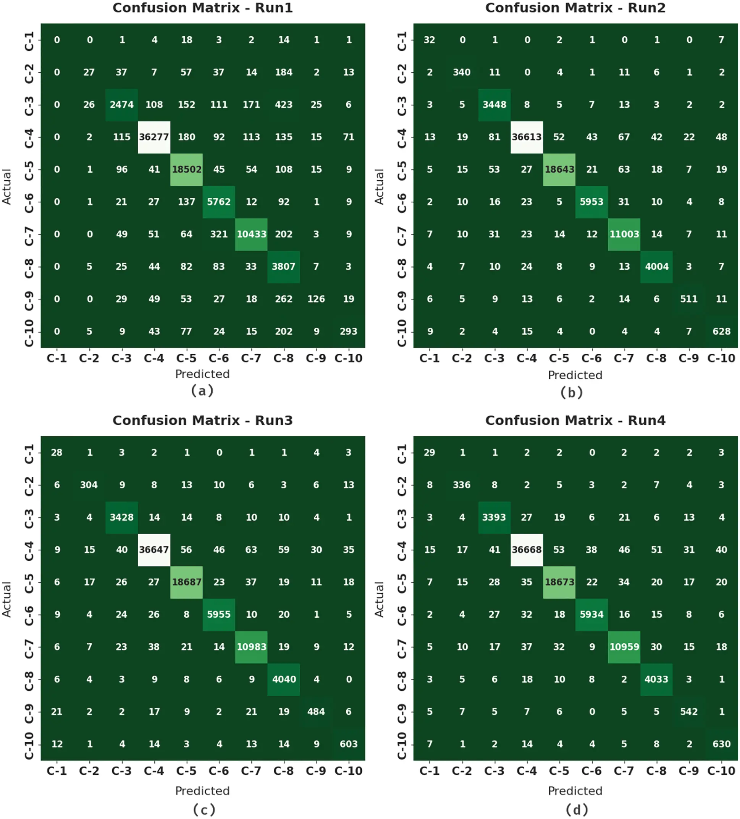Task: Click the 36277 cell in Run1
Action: tap(153, 137)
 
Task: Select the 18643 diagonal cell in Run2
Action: tap(559, 169)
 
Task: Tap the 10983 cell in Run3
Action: tap(251, 646)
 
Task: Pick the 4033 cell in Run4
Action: tap(656, 679)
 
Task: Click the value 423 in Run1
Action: tap(283, 105)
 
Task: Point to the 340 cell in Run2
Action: tap(461, 72)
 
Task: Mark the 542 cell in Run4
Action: tap(688, 711)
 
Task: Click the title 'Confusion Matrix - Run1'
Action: tap(202, 8)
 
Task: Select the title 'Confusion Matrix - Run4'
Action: tap(575, 420)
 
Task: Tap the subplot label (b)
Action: tap(571, 392)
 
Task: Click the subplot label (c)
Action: tap(204, 809)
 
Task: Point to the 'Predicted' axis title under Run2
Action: tap(575, 375)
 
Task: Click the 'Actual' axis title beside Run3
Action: tap(7, 599)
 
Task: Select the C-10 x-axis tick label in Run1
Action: tap(348, 358)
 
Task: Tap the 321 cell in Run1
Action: tap(218, 234)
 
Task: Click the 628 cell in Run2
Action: tap(721, 332)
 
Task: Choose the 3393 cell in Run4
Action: tap(494, 517)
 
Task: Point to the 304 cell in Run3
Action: tap(89, 485)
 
